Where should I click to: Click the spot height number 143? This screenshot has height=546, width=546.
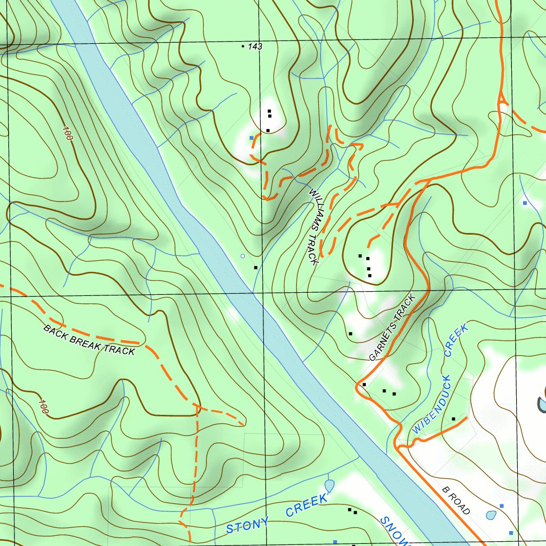[x=255, y=47]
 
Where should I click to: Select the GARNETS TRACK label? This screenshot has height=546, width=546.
[x=391, y=328]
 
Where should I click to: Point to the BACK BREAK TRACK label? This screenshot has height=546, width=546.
[x=89, y=340]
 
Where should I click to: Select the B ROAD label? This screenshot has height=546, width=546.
[x=456, y=500]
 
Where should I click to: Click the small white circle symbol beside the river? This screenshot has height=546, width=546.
[x=243, y=256]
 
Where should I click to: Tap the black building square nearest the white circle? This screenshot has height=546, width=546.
[x=256, y=267]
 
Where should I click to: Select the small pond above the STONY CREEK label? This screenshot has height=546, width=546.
[x=329, y=486]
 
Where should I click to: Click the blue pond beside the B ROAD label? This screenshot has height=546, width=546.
[x=491, y=515]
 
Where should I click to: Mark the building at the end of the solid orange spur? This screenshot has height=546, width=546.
[x=453, y=419]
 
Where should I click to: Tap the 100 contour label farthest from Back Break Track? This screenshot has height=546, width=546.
[x=67, y=133]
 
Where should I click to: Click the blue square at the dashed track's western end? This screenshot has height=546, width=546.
[x=251, y=138]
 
